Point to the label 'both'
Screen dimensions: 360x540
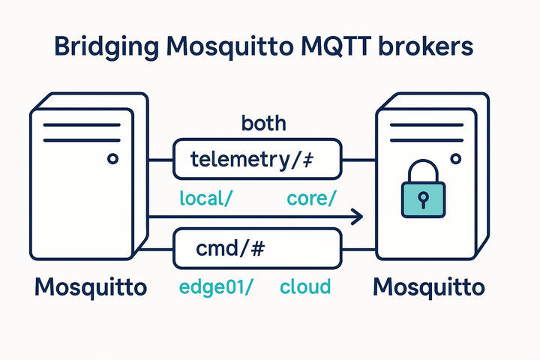click(x=263, y=123)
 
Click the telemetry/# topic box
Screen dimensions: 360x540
click(x=256, y=160)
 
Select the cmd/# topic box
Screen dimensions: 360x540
click(x=256, y=250)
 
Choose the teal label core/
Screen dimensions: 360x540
click(x=311, y=199)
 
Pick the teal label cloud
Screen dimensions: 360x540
click(x=305, y=287)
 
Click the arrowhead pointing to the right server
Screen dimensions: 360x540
click(x=357, y=217)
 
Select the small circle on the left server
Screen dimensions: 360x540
click(x=112, y=159)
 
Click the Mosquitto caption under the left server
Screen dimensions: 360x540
click(x=90, y=286)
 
